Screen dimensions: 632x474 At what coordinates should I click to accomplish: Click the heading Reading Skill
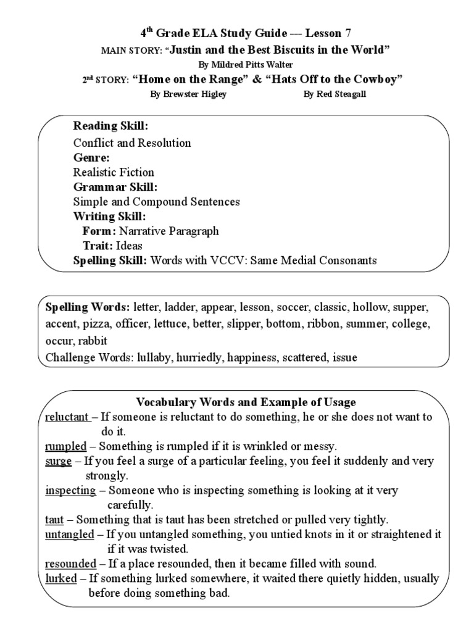pos(110,126)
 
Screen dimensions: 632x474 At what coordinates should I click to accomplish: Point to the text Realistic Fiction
pos(114,172)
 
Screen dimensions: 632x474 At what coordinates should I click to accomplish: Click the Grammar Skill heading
pos(115,186)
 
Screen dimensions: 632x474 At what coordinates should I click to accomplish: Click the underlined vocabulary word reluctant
pos(67,417)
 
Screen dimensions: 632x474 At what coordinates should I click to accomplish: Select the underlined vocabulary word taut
pos(54,520)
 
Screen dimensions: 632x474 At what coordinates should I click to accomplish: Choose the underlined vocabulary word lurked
pos(61,579)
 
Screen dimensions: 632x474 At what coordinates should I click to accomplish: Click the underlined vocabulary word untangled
pos(70,534)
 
